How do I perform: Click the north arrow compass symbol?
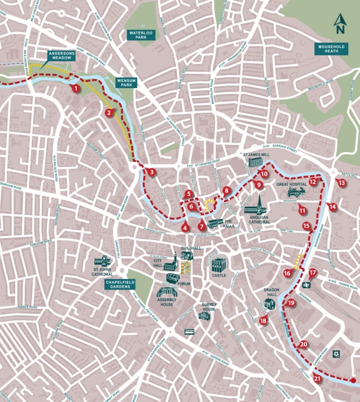coord(339,24)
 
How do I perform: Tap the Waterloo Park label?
coord(141,34)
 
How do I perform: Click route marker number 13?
coord(341,183)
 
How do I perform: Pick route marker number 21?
coord(317,378)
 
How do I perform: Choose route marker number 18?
coord(263,320)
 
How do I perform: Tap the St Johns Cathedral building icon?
coord(102,261)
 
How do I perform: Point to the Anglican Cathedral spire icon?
coord(255,204)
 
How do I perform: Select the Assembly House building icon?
coord(166,293)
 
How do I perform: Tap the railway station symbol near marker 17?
coord(307,284)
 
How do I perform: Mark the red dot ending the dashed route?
coord(353,380)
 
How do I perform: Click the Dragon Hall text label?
coord(271,292)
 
